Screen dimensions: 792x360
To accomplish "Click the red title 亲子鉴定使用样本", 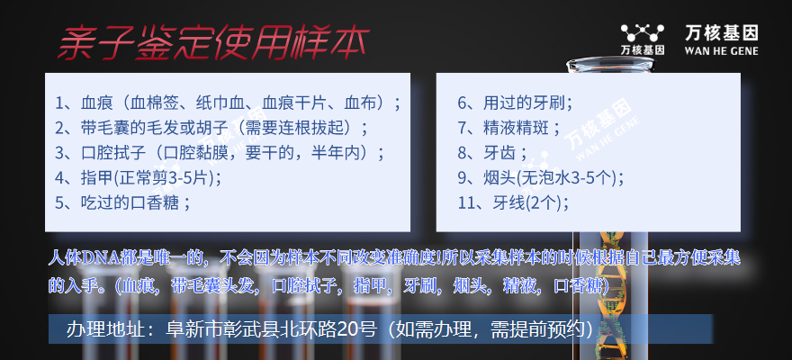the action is [x=213, y=44].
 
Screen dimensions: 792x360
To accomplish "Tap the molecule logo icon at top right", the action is [x=642, y=33].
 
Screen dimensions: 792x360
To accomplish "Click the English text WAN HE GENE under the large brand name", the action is [x=721, y=51].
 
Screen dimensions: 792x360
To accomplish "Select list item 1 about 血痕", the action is [x=229, y=103].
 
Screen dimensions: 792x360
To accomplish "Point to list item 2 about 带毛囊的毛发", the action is [x=211, y=128].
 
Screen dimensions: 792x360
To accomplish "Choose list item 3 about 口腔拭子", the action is [x=220, y=153].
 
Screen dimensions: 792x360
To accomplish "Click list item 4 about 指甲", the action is [x=138, y=177].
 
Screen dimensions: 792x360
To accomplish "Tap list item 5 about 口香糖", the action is [x=122, y=202].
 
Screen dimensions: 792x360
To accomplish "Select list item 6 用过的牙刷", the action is [x=515, y=103].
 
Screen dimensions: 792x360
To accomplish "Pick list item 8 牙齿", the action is [x=492, y=153].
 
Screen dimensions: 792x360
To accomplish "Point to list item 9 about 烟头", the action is [x=541, y=177].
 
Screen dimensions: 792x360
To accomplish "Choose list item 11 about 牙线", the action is [x=513, y=202].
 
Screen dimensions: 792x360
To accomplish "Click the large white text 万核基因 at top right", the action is [x=721, y=33].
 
